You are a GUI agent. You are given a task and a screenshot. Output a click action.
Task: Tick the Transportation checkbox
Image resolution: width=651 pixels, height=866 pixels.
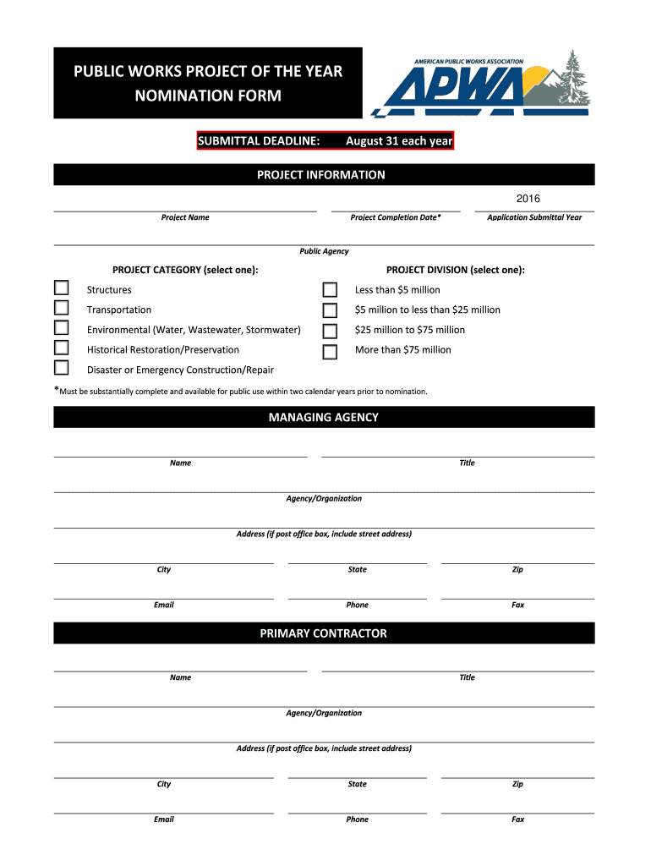click(62, 309)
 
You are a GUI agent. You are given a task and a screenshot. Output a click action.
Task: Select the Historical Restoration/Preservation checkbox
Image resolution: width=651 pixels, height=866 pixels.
click(62, 348)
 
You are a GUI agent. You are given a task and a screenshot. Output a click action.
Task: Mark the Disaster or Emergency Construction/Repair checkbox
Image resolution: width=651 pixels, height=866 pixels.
click(62, 368)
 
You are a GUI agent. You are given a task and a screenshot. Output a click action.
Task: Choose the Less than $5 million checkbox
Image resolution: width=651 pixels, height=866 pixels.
click(331, 290)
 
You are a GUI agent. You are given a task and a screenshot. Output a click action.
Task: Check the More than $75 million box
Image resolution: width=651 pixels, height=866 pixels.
click(331, 351)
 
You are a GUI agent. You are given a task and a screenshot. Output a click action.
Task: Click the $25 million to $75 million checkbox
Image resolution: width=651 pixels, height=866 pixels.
click(331, 331)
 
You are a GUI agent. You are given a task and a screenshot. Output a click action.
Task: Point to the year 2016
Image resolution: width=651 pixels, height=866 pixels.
click(528, 199)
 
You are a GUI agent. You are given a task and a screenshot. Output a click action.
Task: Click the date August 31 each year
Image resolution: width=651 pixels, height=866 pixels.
click(399, 141)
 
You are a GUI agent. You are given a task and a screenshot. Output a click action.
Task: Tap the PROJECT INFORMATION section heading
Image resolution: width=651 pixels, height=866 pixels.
click(321, 175)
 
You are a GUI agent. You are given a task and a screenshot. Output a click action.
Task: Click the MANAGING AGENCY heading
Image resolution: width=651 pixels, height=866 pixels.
click(324, 417)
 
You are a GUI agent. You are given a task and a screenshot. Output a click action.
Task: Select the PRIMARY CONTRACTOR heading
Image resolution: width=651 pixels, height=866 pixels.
click(324, 633)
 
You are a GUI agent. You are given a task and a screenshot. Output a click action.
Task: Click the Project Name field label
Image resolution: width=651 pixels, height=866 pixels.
click(185, 217)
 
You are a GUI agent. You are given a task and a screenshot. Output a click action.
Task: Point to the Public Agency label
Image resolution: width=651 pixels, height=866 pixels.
click(324, 251)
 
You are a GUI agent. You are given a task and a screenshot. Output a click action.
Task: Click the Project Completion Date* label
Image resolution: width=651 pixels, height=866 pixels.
click(396, 217)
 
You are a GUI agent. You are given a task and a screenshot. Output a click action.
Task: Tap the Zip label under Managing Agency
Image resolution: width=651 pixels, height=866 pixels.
click(517, 570)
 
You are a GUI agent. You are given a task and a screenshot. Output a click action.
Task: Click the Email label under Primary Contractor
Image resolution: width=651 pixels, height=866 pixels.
click(164, 819)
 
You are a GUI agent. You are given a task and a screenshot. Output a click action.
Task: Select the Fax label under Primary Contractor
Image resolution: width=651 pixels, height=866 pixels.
click(517, 819)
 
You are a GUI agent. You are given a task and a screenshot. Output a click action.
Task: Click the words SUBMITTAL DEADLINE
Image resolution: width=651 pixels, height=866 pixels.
click(259, 141)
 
